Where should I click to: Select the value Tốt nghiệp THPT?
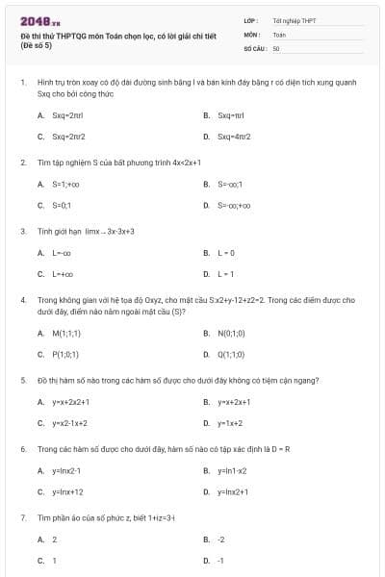(x=294, y=20)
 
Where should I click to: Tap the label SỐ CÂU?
(x=254, y=47)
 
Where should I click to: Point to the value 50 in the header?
(x=276, y=47)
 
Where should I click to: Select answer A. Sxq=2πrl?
(x=61, y=114)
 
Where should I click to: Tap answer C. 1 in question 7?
(x=53, y=561)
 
